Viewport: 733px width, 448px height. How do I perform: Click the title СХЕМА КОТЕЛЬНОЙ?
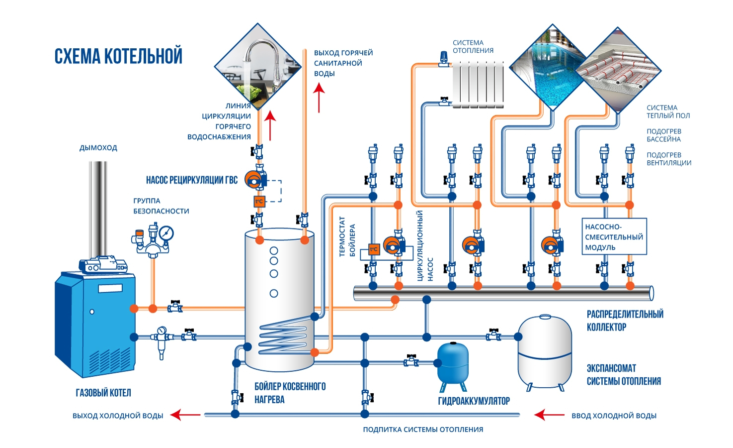click(118, 56)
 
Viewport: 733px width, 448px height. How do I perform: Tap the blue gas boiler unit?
click(94, 324)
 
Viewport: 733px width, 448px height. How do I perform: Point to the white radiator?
click(478, 84)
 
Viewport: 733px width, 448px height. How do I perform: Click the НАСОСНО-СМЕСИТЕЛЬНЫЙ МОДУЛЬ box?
click(614, 236)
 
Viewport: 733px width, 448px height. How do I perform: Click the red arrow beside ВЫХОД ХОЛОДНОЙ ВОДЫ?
click(185, 415)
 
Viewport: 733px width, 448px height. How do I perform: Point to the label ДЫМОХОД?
click(98, 148)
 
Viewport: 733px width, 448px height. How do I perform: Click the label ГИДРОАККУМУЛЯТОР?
click(474, 401)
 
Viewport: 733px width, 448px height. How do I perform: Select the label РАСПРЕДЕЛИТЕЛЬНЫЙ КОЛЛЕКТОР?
click(625, 321)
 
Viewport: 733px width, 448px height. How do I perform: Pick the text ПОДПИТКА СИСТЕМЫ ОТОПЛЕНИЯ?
click(423, 430)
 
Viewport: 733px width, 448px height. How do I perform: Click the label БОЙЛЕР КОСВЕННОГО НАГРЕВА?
click(290, 393)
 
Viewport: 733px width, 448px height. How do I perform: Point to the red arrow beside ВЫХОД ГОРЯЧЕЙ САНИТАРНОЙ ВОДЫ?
click(319, 97)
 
